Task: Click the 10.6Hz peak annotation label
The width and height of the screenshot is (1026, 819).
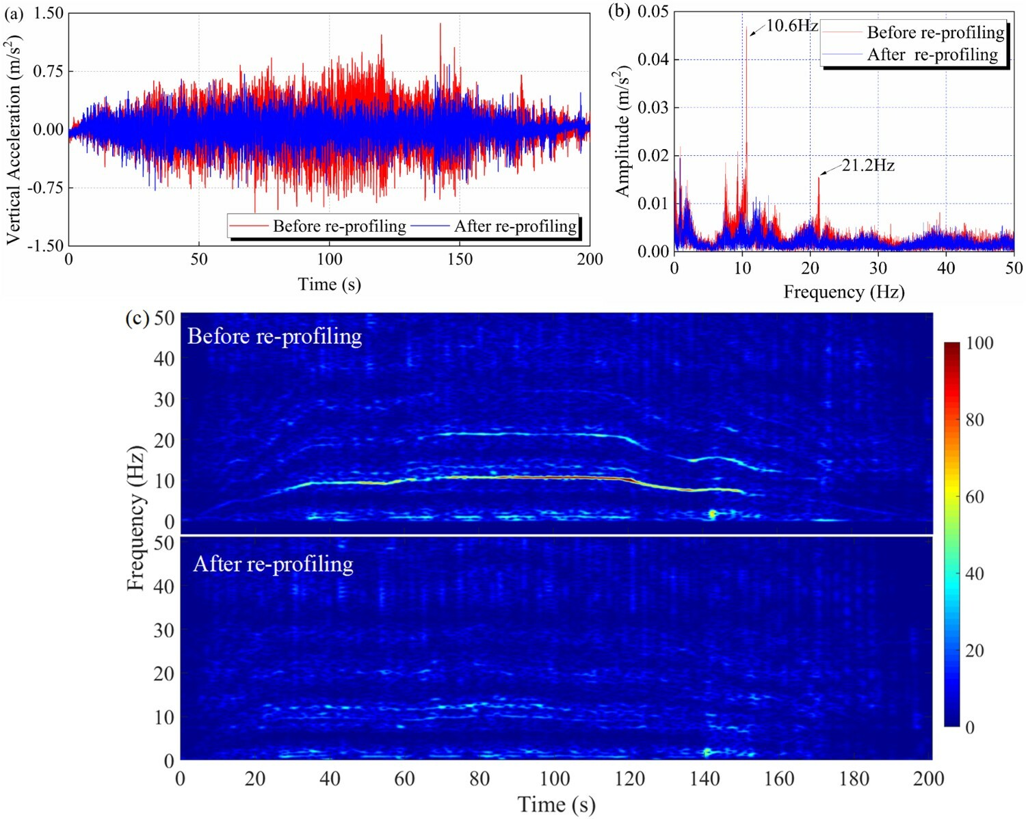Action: coord(791,26)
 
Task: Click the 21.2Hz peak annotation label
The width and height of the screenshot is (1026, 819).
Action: coord(867,165)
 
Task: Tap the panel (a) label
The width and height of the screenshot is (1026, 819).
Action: coord(13,13)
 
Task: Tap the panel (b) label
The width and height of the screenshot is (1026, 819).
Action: coord(619,12)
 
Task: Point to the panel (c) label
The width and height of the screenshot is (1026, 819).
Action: coord(137,318)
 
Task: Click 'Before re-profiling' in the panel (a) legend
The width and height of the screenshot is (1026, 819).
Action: coord(339,226)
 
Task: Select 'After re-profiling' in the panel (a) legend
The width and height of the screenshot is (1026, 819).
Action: coord(515,226)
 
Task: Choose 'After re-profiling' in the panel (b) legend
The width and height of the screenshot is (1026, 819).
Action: coord(932,55)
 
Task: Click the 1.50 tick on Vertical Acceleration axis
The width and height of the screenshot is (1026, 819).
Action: coord(49,13)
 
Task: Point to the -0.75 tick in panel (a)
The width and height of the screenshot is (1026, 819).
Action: coord(46,188)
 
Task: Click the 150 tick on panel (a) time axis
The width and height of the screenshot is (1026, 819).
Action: coord(460,259)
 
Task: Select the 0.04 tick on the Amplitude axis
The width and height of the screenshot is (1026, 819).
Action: coord(653,59)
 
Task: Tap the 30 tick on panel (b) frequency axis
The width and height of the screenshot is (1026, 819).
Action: coord(878,268)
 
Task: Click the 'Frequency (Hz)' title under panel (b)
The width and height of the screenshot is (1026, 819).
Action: coord(843,292)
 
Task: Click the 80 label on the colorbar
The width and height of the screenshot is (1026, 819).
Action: coord(975,420)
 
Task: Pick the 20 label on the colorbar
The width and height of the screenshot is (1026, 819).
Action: coord(975,650)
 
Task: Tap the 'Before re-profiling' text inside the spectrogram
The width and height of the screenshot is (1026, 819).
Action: coord(274,336)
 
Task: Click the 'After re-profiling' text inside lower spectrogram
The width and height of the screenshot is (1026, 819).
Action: coord(273,564)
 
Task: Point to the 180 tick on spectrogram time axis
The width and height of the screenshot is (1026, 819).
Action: coord(854,778)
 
